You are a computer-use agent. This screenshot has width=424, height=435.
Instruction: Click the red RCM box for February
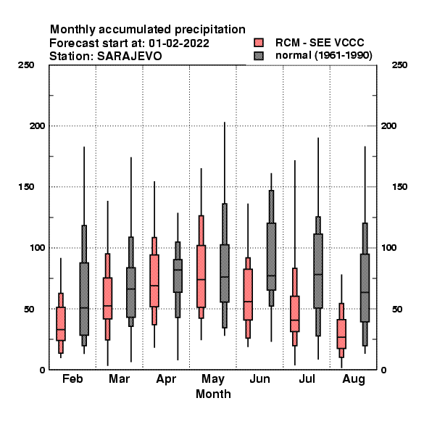(x=61, y=323)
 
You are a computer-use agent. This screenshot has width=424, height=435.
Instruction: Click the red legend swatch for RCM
(x=259, y=43)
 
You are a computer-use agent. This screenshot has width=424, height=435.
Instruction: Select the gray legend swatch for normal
(x=259, y=56)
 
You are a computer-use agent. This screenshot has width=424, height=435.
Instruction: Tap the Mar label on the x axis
(x=120, y=378)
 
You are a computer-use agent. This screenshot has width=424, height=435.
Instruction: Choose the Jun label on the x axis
(x=259, y=378)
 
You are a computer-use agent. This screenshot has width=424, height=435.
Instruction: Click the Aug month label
(x=354, y=379)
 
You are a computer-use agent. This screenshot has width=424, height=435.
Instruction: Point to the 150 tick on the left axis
(x=26, y=187)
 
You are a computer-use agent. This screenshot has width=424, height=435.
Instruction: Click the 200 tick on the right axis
(x=388, y=126)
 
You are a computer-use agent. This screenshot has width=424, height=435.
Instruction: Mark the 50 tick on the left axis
(x=29, y=309)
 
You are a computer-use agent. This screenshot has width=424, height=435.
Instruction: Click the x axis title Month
(x=213, y=394)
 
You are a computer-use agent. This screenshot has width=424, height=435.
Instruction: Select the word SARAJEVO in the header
(x=130, y=57)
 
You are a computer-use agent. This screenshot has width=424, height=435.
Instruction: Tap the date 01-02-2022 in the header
(x=179, y=43)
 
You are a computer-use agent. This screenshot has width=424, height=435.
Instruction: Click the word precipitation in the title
(x=208, y=30)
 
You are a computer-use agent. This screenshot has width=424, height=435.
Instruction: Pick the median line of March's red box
(x=107, y=306)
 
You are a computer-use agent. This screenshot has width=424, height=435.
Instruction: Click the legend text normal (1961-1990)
(x=324, y=56)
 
